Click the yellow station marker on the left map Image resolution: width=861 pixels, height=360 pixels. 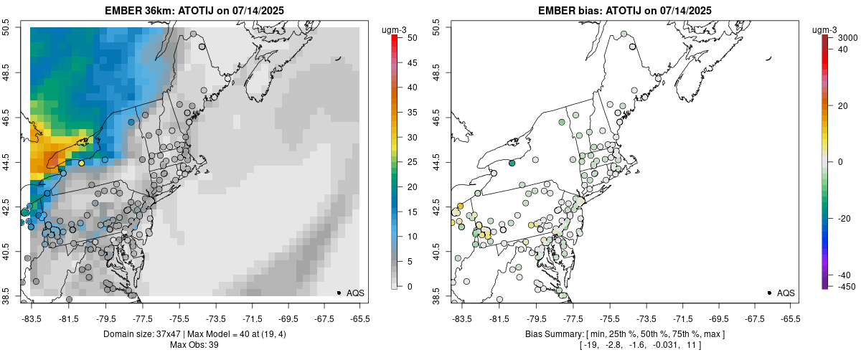click(82, 164)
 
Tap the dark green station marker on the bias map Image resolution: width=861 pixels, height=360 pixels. click(512, 164)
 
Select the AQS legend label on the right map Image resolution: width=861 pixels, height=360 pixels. click(786, 293)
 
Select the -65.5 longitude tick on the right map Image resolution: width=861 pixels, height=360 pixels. click(790, 318)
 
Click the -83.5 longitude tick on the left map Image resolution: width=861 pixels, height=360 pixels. click(31, 318)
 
